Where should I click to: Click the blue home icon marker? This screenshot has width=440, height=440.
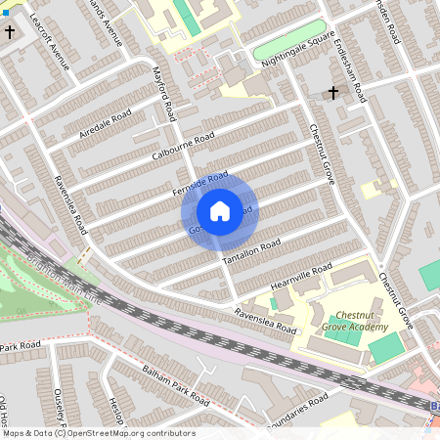tap(220, 210)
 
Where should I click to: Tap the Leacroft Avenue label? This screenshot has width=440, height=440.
tap(51, 44)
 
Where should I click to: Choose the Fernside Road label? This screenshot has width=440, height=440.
tap(200, 181)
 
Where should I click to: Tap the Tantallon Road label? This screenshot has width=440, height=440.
tap(251, 250)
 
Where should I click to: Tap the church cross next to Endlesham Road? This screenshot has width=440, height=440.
tap(332, 94)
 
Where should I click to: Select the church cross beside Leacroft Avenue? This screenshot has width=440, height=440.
tap(11, 32)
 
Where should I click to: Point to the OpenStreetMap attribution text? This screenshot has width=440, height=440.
tap(98, 433)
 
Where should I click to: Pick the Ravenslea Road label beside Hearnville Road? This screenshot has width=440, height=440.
tap(265, 322)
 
